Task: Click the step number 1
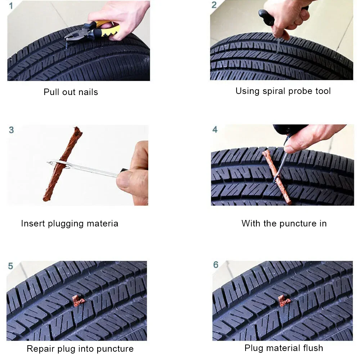click(11, 6)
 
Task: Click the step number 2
click(214, 5)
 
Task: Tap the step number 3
click(11, 130)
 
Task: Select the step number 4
click(215, 130)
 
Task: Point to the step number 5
click(10, 266)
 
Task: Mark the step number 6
click(216, 265)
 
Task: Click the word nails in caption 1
click(88, 92)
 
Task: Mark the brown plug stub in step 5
click(78, 301)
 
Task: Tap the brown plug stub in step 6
click(284, 301)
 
